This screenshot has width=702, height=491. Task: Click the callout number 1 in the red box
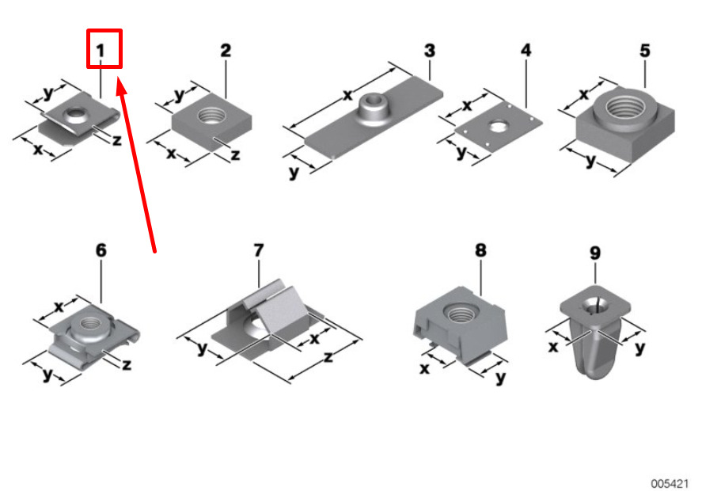click(x=101, y=50)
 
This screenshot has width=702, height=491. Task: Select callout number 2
click(x=226, y=50)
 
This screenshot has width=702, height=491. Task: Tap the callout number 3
click(x=429, y=50)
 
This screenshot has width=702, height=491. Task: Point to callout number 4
click(x=526, y=50)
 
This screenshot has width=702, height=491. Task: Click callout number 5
click(x=645, y=50)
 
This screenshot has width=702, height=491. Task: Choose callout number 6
click(x=101, y=250)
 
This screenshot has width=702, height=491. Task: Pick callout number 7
click(x=259, y=250)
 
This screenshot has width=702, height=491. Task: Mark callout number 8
click(x=480, y=250)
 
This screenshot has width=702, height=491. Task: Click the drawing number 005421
click(x=670, y=484)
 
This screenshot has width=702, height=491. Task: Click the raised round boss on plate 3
click(x=374, y=106)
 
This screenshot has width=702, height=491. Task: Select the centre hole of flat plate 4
click(x=497, y=127)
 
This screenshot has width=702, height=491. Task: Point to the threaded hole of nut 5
click(x=626, y=107)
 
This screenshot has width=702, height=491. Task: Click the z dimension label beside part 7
click(x=328, y=357)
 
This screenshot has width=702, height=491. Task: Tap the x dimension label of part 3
click(x=348, y=95)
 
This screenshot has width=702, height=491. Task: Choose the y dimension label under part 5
click(x=591, y=161)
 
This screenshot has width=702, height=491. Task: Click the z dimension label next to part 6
click(x=127, y=364)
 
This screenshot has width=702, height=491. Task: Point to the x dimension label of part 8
click(x=424, y=368)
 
